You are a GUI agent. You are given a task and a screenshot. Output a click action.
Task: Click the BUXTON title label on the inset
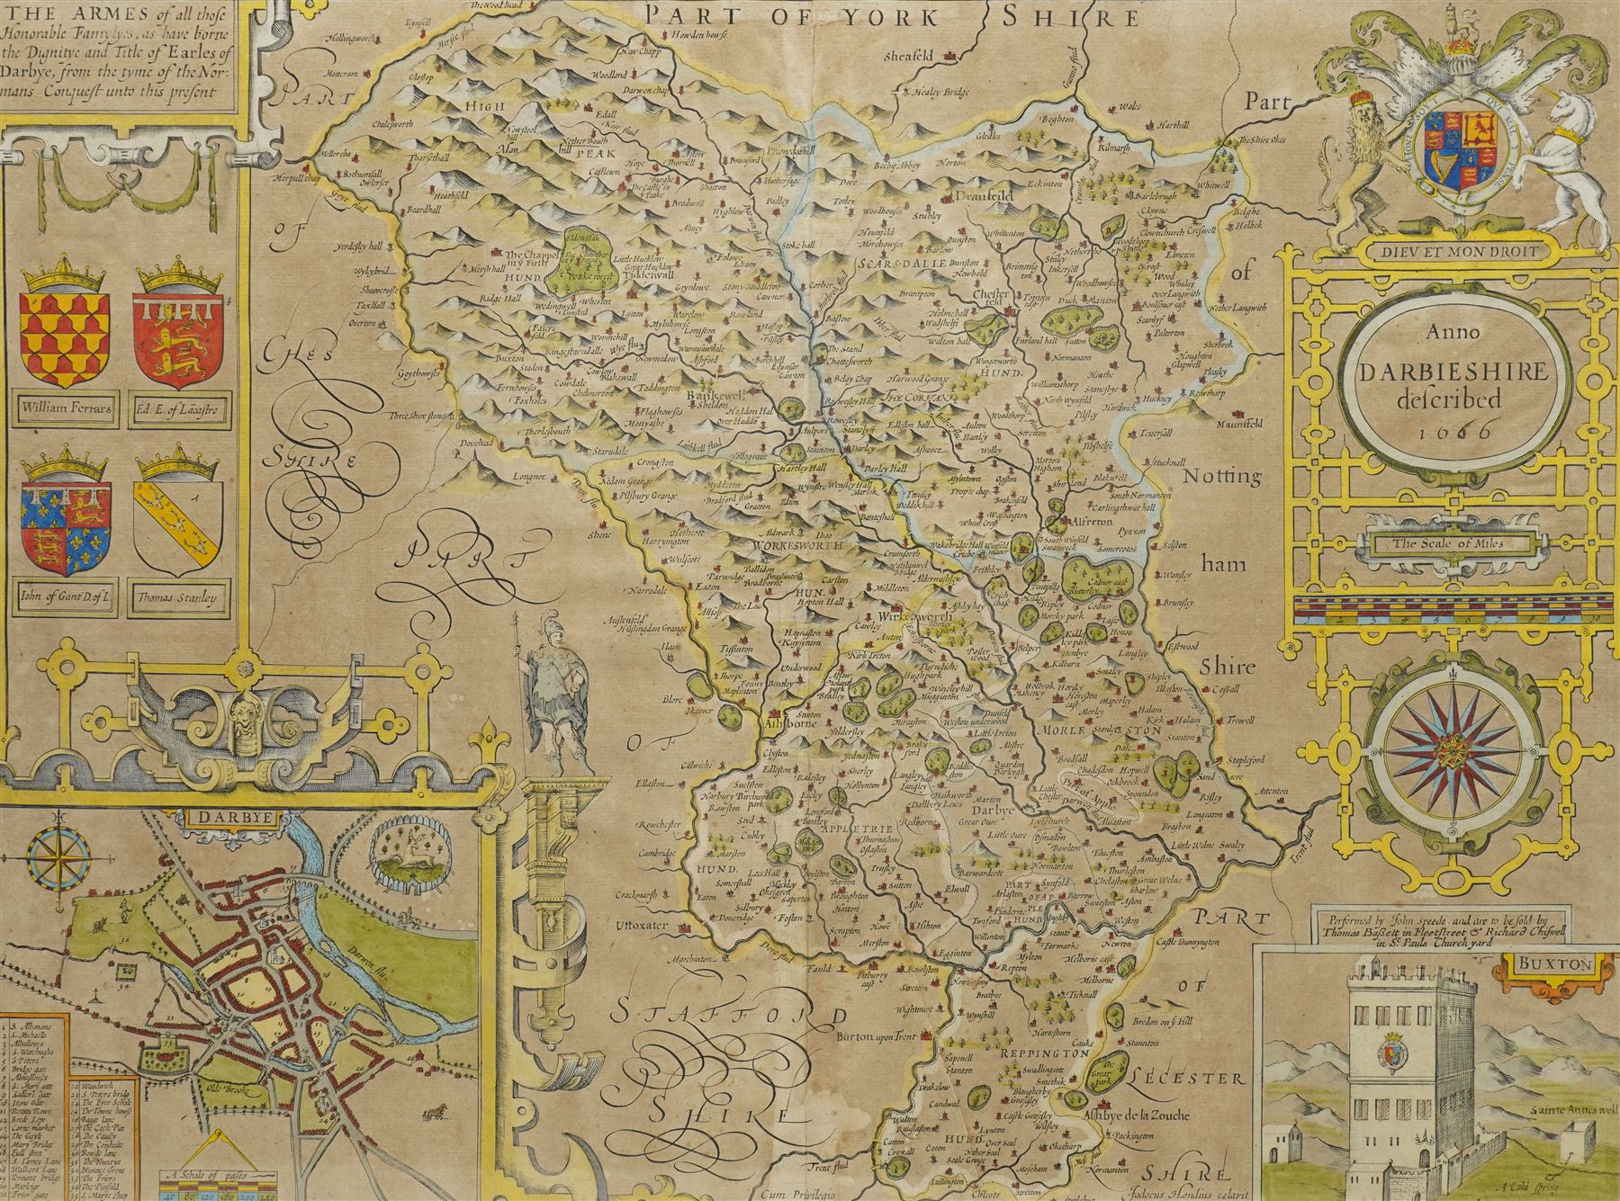point(1547,963)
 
